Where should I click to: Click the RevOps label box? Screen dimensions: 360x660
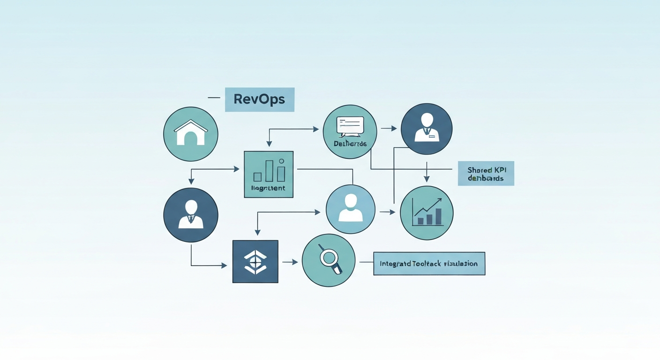259,99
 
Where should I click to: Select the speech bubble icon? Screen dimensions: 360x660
350,126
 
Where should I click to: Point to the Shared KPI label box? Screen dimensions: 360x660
486,173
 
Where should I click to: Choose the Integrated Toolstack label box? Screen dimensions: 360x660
429,263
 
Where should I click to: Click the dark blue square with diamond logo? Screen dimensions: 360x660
255,262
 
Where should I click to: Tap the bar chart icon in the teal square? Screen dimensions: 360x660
269,172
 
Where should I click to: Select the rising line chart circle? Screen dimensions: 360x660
427,212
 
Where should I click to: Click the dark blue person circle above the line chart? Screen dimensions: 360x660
427,128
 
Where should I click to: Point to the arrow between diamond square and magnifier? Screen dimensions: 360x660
290,262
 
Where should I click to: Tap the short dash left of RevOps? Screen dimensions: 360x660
214,97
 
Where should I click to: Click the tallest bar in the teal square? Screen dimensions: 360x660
269,171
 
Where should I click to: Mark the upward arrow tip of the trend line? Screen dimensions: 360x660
440,200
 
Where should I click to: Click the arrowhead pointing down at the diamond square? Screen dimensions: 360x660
257,232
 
